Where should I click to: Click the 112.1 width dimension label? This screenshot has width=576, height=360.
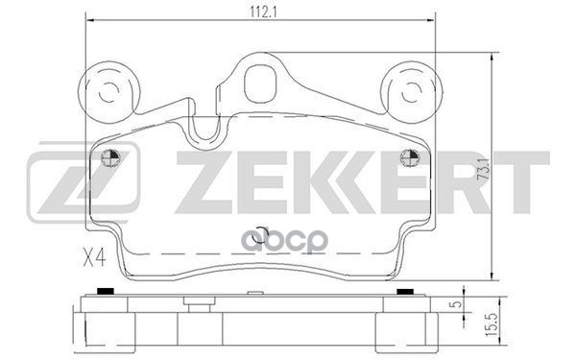click(x=263, y=12)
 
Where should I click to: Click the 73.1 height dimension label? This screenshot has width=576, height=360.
click(x=485, y=169)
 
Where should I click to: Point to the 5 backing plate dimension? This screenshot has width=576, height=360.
click(x=457, y=304)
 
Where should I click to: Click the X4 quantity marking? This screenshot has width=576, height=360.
click(x=94, y=257)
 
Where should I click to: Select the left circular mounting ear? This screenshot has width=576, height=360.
click(x=109, y=92)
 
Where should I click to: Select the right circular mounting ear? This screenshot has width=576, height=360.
click(x=412, y=92)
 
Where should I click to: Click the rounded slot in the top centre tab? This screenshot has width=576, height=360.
click(x=260, y=84)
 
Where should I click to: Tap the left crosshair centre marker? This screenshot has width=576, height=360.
click(x=111, y=158)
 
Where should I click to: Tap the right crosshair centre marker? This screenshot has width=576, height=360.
click(x=410, y=158)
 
